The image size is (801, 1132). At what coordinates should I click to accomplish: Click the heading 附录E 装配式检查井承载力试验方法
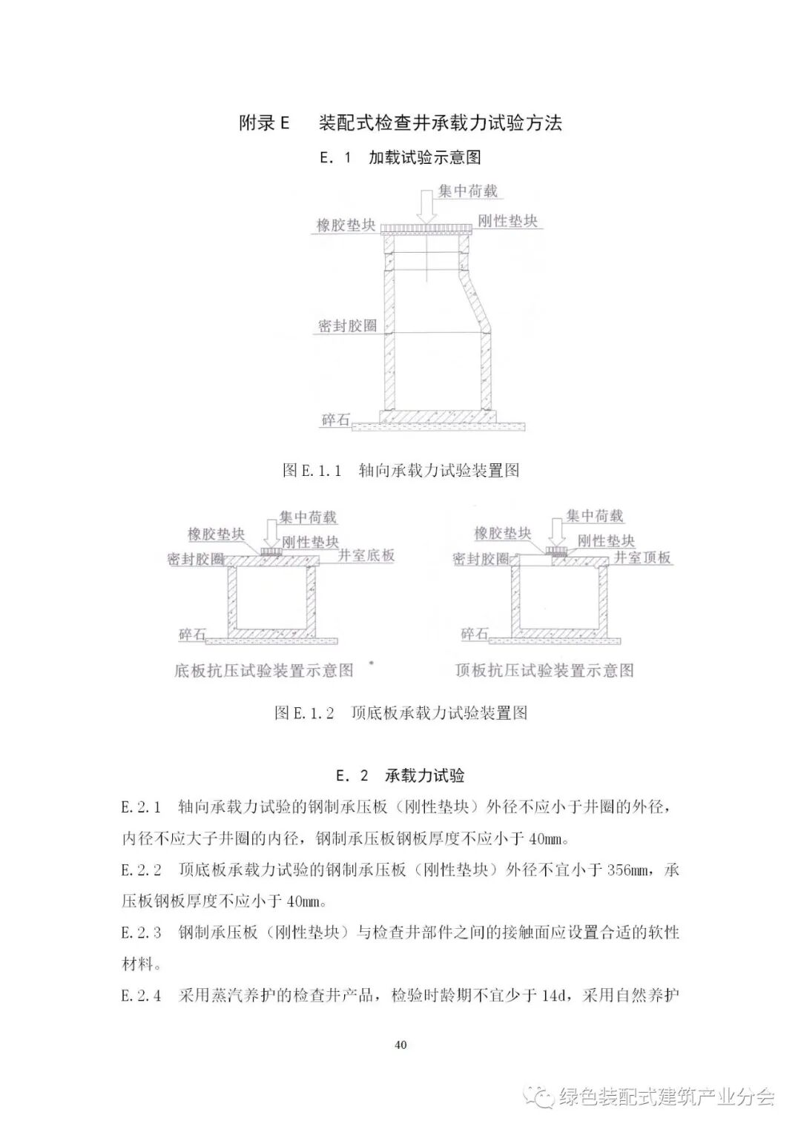400,122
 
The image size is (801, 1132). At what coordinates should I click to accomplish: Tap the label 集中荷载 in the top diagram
467,191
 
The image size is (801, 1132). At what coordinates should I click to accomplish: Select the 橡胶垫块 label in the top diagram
346,225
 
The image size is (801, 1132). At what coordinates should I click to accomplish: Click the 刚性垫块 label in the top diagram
507,221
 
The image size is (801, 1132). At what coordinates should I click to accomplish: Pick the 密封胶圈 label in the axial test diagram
347,325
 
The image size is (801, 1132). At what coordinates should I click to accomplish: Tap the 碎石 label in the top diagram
335,420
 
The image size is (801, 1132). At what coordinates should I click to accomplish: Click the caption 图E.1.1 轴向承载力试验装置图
400,470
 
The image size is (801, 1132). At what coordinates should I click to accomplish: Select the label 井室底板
366,555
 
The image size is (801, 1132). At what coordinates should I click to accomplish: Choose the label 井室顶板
642,557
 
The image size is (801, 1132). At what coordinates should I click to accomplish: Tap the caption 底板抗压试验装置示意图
264,671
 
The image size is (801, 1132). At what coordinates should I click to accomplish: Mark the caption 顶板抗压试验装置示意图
544,671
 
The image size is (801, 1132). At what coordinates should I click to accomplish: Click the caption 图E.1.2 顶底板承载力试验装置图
400,713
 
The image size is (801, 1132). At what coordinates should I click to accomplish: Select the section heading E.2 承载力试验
400,776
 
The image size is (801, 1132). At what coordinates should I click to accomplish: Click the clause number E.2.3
141,933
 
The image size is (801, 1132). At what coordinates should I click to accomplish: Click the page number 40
400,1045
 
